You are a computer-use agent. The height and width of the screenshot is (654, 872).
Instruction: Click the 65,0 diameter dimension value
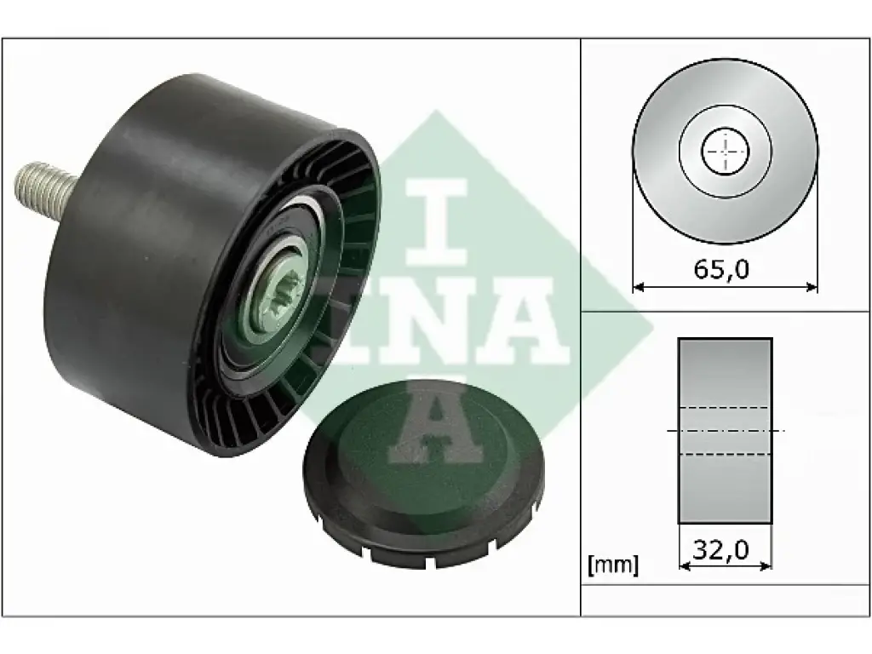click(x=721, y=269)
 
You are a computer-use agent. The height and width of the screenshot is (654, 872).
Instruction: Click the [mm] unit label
click(x=613, y=565)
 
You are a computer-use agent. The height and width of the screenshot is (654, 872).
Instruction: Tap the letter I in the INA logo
click(x=436, y=222)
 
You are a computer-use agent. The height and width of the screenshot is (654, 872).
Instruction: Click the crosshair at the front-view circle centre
click(x=726, y=151)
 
